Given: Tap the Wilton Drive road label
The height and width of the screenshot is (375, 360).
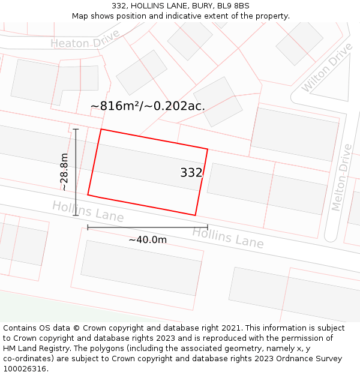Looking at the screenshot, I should (327, 67).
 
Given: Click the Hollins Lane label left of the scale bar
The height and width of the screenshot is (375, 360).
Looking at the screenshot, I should (88, 211).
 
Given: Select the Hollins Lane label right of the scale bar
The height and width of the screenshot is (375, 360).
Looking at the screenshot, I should (228, 238).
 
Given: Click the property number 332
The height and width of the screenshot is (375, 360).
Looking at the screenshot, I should (191, 173).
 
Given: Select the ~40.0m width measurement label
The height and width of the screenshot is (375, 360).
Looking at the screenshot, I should (148, 240).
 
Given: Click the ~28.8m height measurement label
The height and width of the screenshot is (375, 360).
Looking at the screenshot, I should (64, 172).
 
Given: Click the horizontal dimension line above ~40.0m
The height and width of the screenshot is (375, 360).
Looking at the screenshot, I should (148, 227).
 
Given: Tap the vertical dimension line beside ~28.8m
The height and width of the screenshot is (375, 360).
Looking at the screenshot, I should (76, 172).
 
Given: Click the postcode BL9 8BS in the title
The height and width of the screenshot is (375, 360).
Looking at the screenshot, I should (230, 6).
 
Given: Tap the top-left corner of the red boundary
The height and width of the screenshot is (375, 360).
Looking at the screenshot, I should (101, 129).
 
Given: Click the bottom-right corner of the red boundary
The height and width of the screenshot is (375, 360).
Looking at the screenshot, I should (196, 215).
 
